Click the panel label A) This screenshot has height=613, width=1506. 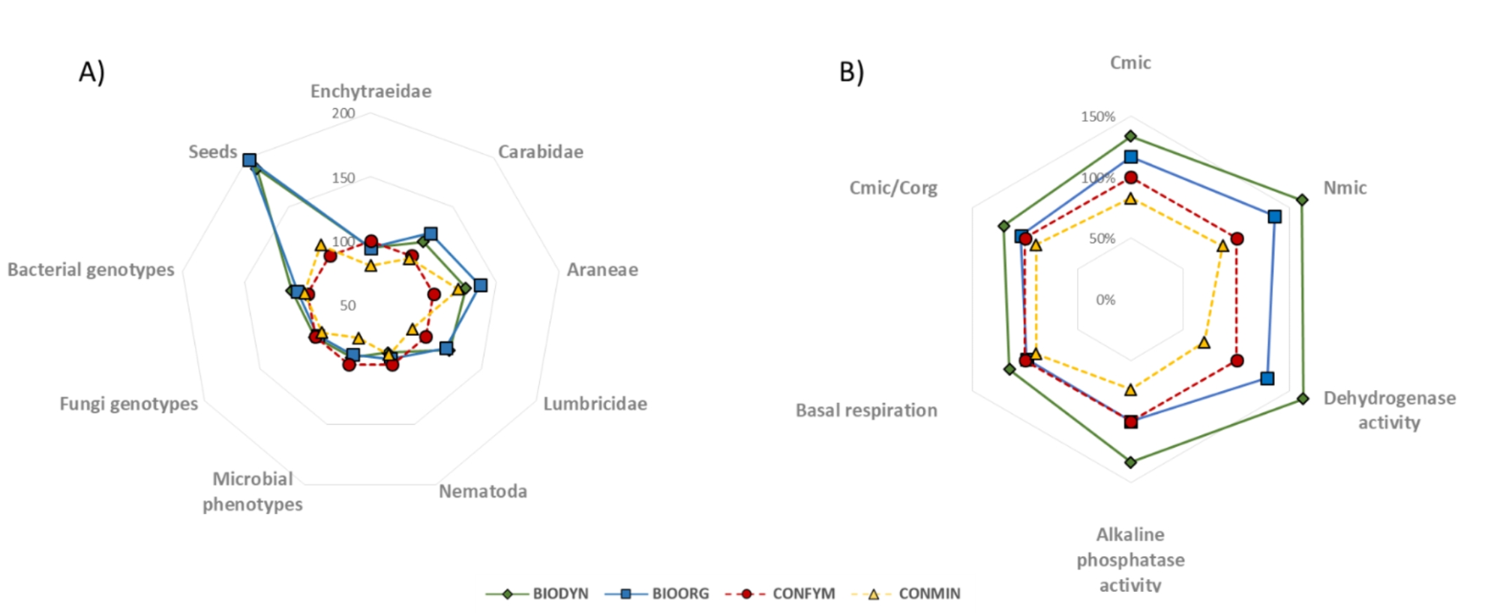91,72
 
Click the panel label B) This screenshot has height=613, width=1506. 851,72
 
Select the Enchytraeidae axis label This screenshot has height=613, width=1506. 370,92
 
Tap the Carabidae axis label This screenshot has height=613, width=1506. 540,152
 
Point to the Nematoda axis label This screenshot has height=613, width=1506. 482,491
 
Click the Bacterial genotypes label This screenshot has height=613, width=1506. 91,269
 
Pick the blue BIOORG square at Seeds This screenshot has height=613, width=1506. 249,160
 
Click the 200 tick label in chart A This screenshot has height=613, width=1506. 343,113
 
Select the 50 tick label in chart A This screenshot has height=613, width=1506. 347,305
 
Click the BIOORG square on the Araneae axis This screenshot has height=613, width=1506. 481,285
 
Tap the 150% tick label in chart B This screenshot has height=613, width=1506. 1097,116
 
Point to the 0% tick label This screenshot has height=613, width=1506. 1105,300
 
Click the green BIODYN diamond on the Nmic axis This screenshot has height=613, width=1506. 1302,200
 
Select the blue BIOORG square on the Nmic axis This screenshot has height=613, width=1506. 1274,216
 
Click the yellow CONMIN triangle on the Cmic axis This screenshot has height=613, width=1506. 1130,199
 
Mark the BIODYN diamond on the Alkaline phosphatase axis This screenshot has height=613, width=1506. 1131,462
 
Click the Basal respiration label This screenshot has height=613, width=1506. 865,410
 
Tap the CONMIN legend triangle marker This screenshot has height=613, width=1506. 873,593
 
